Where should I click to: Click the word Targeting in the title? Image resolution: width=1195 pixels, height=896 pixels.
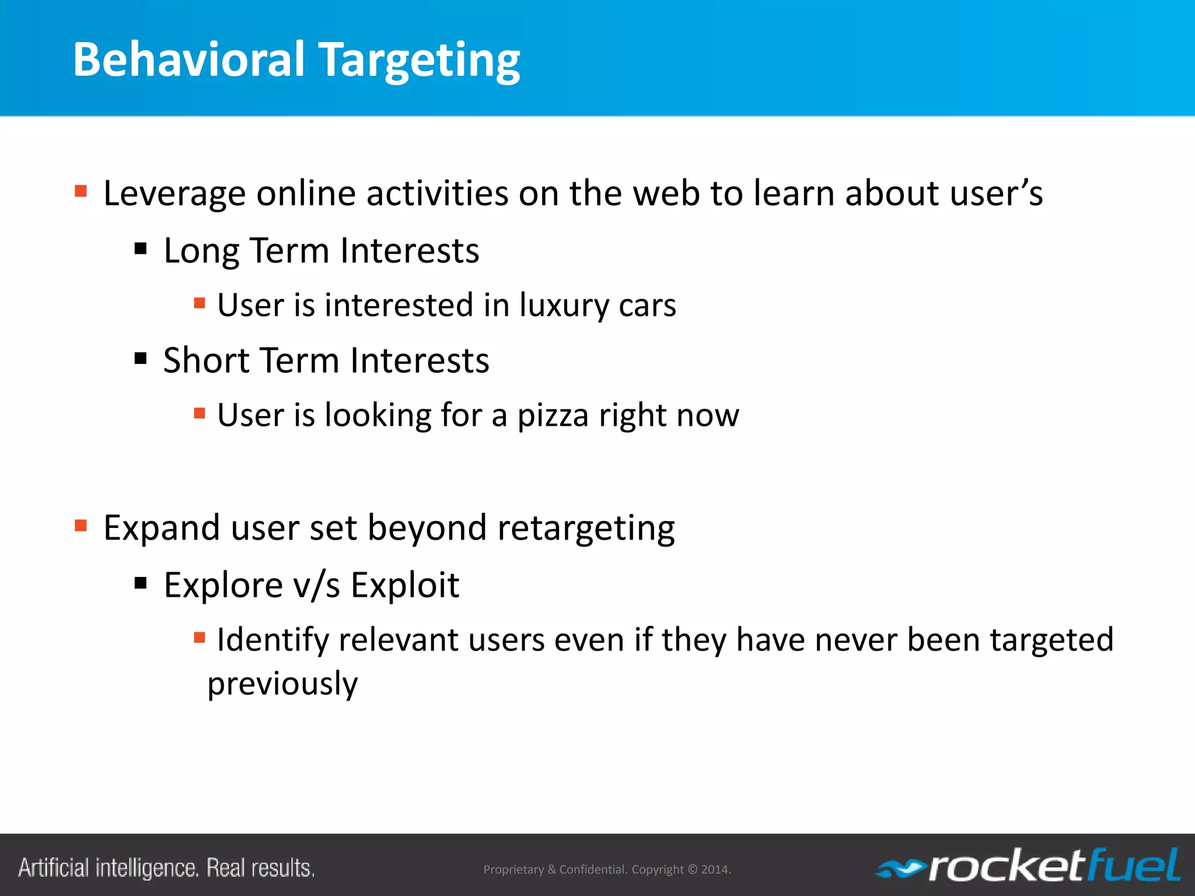[x=420, y=61]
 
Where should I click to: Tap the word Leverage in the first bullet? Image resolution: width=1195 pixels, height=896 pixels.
[x=174, y=194]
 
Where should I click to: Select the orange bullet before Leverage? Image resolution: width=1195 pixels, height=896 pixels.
[x=81, y=191]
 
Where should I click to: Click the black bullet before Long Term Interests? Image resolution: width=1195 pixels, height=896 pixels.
[x=141, y=249]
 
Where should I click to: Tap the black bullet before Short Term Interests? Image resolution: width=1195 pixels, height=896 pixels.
[x=141, y=358]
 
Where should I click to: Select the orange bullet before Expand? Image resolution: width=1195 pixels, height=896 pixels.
[x=81, y=526]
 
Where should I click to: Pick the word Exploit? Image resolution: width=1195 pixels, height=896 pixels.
[x=405, y=585]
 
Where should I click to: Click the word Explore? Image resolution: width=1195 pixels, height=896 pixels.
[x=223, y=585]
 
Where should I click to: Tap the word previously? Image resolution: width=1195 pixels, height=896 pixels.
[x=282, y=684]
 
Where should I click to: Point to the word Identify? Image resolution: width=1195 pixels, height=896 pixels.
[x=272, y=640]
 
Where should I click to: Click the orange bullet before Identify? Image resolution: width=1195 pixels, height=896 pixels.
[x=200, y=638]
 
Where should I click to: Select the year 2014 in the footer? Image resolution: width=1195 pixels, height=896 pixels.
[x=715, y=870]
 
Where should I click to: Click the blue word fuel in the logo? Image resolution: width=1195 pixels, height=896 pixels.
[x=1135, y=866]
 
